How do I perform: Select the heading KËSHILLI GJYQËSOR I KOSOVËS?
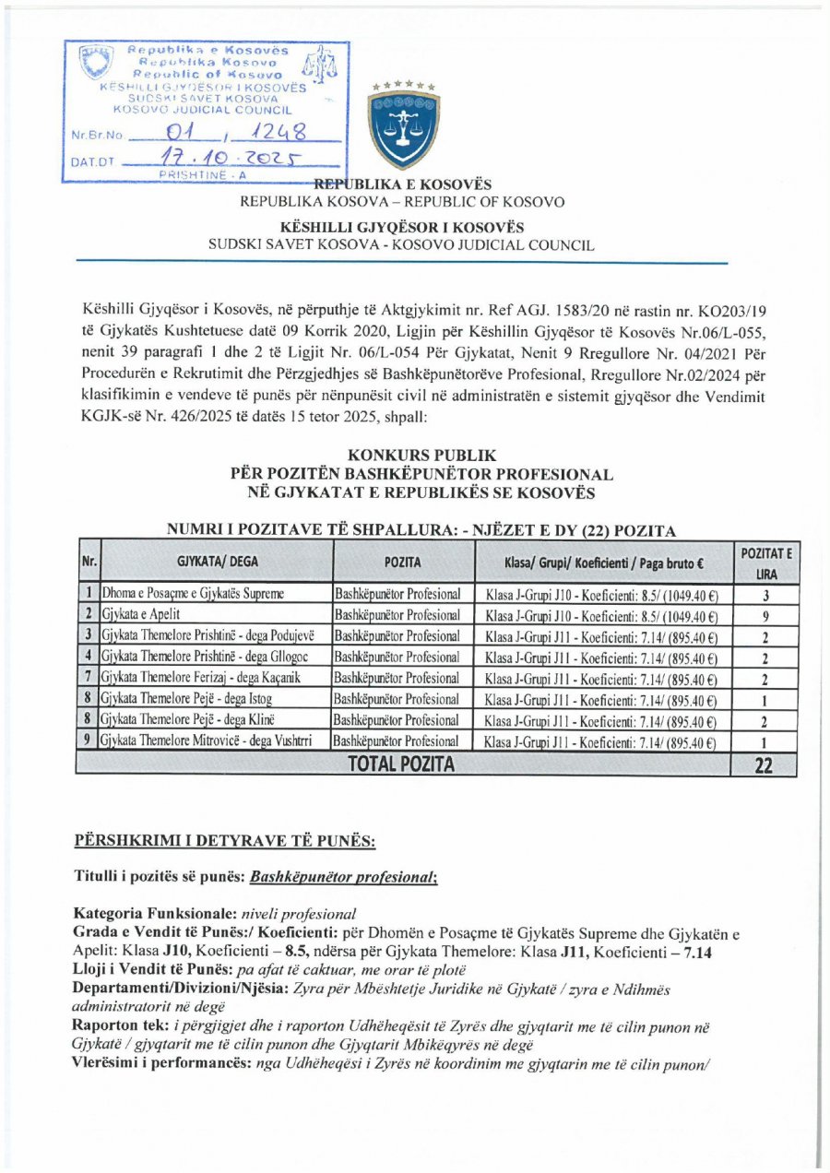pyautogui.click(x=403, y=228)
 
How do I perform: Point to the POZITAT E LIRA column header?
pyautogui.click(x=763, y=561)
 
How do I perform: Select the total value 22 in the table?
pyautogui.click(x=764, y=764)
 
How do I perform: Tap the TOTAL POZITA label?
pyautogui.click(x=400, y=764)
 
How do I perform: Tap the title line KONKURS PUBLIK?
pyautogui.click(x=422, y=456)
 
